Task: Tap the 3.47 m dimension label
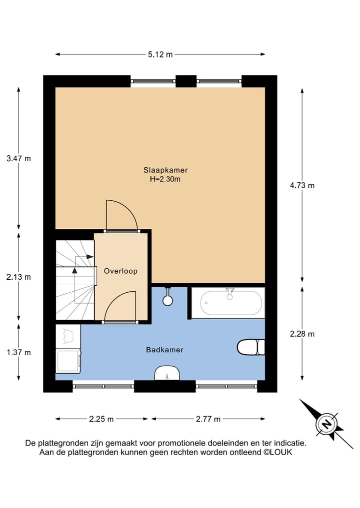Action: pyautogui.click(x=18, y=159)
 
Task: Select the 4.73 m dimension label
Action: pyautogui.click(x=302, y=185)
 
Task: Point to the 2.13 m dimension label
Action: pyautogui.click(x=18, y=277)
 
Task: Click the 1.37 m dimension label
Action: pyautogui.click(x=18, y=352)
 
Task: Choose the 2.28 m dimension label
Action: pyautogui.click(x=302, y=334)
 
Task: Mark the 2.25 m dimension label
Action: pyautogui.click(x=101, y=419)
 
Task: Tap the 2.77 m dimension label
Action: pyautogui.click(x=208, y=419)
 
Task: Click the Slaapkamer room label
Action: pyautogui.click(x=165, y=170)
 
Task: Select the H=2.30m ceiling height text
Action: pyautogui.click(x=165, y=179)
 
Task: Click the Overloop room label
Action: pyautogui.click(x=120, y=271)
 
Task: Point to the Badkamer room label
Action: pyautogui.click(x=164, y=350)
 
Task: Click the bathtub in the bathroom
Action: pyautogui.click(x=231, y=303)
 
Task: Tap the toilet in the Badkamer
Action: pyautogui.click(x=250, y=347)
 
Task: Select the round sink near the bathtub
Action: pyautogui.click(x=168, y=300)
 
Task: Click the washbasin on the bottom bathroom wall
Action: pyautogui.click(x=166, y=373)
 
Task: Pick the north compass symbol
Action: pyautogui.click(x=326, y=424)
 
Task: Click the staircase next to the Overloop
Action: pyautogui.click(x=74, y=280)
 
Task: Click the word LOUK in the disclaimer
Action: pyautogui.click(x=281, y=452)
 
